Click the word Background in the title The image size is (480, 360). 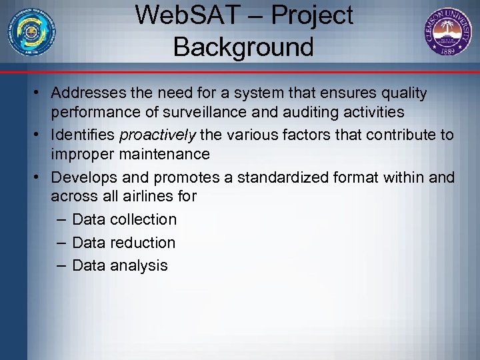[243, 47]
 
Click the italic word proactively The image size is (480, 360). [157, 135]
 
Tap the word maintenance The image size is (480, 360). [168, 155]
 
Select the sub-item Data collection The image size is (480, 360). [124, 219]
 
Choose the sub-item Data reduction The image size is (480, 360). [123, 243]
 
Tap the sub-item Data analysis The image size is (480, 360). [120, 265]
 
